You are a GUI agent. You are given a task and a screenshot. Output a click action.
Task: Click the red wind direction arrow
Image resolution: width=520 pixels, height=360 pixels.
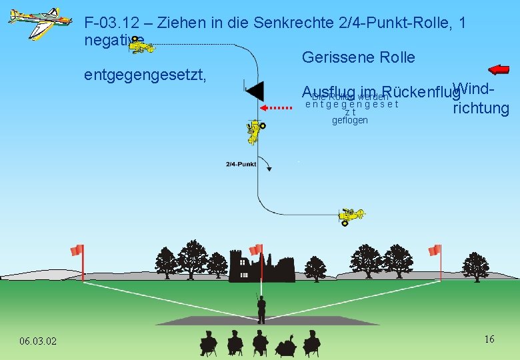[499, 69]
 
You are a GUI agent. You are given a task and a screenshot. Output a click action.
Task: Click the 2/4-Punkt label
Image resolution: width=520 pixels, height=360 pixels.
[241, 164]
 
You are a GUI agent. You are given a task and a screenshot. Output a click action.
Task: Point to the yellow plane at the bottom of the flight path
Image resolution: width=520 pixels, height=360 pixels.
[349, 215]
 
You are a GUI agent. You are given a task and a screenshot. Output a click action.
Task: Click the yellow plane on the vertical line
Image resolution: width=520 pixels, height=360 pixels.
[255, 131]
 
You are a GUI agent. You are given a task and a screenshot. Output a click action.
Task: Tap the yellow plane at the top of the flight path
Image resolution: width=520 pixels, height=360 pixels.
[141, 46]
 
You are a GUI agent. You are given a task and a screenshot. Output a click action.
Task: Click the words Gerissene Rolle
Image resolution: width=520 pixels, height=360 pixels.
[358, 58]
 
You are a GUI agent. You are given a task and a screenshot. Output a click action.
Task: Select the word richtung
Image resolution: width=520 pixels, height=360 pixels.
[481, 109]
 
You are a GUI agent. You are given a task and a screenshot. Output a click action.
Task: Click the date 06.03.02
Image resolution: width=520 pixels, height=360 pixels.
[38, 341]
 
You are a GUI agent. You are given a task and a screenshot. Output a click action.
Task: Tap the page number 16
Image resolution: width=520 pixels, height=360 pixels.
[489, 339]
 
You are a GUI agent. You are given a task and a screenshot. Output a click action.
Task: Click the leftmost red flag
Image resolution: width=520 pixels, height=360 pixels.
[78, 251]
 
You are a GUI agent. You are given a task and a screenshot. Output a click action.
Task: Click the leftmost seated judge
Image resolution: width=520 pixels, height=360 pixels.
[209, 343]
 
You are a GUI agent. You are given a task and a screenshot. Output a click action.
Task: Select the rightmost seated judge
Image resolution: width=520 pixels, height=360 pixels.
[311, 343]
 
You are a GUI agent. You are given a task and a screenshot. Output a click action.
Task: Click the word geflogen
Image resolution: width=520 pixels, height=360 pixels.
[349, 121]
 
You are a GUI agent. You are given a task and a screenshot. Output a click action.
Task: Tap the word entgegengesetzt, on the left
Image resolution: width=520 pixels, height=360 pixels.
[145, 75]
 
